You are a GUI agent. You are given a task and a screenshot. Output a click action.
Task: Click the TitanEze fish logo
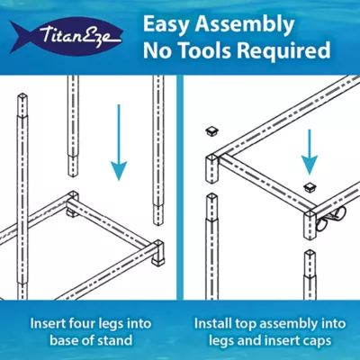click(67, 37)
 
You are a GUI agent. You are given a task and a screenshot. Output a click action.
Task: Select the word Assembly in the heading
click(245, 25)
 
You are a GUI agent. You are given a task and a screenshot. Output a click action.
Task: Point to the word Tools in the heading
click(203, 50)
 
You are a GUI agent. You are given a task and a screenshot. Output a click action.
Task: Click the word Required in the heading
click(283, 51)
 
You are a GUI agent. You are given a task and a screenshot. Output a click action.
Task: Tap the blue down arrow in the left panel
click(119, 142)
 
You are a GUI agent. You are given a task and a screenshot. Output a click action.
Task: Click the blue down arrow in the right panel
click(310, 152)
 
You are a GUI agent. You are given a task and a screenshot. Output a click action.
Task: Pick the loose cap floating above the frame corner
click(212, 131)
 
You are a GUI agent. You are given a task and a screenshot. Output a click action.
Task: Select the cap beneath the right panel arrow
click(309, 187)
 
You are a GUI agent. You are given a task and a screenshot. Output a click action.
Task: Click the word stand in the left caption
click(116, 340)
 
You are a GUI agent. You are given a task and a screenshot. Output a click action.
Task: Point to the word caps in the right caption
click(317, 341)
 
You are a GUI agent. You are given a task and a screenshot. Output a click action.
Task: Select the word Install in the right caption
click(212, 324)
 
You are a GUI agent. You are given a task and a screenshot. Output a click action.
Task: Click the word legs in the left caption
click(111, 324)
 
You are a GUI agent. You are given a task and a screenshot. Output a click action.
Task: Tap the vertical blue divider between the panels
click(179, 187)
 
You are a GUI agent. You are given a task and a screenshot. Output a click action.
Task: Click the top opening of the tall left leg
click(22, 96)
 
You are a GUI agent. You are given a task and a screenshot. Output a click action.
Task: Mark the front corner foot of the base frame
click(158, 253)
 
